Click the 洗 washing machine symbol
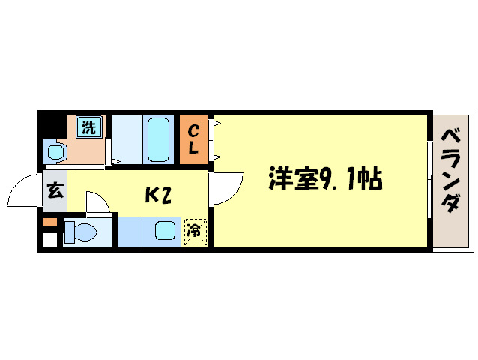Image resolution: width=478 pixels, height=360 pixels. click(x=88, y=127)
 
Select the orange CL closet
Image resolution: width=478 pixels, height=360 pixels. click(x=193, y=139)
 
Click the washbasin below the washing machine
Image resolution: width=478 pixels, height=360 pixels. click(x=56, y=152)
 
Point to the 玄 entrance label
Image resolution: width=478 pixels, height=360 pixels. click(x=55, y=190)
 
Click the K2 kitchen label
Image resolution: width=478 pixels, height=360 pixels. click(x=159, y=195)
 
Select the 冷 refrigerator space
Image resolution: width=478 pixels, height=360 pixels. click(x=194, y=232)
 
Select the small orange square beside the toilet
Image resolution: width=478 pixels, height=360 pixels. click(x=49, y=223)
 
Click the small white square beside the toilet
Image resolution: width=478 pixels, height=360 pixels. click(x=49, y=240)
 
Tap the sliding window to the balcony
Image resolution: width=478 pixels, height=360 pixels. click(x=429, y=180)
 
